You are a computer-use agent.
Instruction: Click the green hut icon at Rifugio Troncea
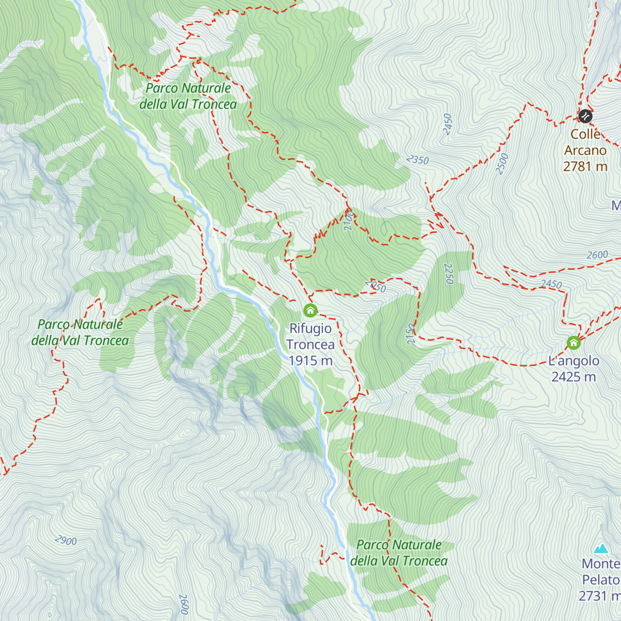pyautogui.click(x=310, y=310)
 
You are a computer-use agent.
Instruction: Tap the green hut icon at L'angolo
pyautogui.click(x=573, y=343)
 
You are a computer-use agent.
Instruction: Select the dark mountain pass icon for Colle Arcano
pyautogui.click(x=585, y=116)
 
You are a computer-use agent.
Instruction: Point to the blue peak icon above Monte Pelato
pyautogui.click(x=601, y=548)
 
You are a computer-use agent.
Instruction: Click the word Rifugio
pyautogui.click(x=310, y=329)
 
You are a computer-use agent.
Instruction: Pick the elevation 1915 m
pyautogui.click(x=310, y=361)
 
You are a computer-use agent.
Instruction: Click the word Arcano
pyautogui.click(x=585, y=151)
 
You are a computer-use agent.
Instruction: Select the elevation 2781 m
pyautogui.click(x=585, y=167)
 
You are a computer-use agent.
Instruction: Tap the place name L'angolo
pyautogui.click(x=573, y=361)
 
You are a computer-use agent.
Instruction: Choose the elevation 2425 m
pyautogui.click(x=573, y=377)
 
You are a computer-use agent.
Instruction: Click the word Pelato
pyautogui.click(x=601, y=580)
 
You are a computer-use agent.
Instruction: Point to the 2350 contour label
pyautogui.click(x=418, y=160)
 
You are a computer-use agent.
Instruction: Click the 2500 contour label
pyautogui.click(x=502, y=164)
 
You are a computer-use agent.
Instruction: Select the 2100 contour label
pyautogui.click(x=348, y=220)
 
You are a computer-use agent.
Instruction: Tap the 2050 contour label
pyautogui.click(x=375, y=286)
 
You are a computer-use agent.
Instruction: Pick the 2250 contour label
pyautogui.click(x=449, y=274)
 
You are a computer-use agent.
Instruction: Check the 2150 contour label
pyautogui.click(x=411, y=334)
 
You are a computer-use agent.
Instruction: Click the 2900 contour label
pyautogui.click(x=66, y=541)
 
